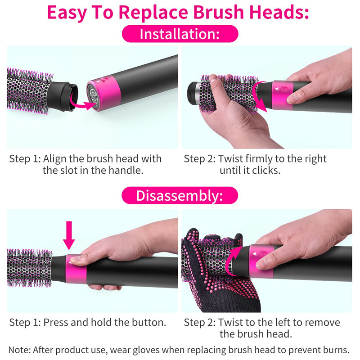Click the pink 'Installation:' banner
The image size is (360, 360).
[180, 34]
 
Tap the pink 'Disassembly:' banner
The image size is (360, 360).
[180, 196]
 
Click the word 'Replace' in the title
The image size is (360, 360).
[153, 12]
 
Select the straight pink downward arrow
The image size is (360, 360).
[69, 235]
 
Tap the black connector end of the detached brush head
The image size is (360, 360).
[63, 96]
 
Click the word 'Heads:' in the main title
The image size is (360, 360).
[279, 12]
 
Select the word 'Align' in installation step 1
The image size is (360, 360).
[55, 159]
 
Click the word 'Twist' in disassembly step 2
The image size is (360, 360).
[229, 322]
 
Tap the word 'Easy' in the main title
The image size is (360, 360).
[67, 13]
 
